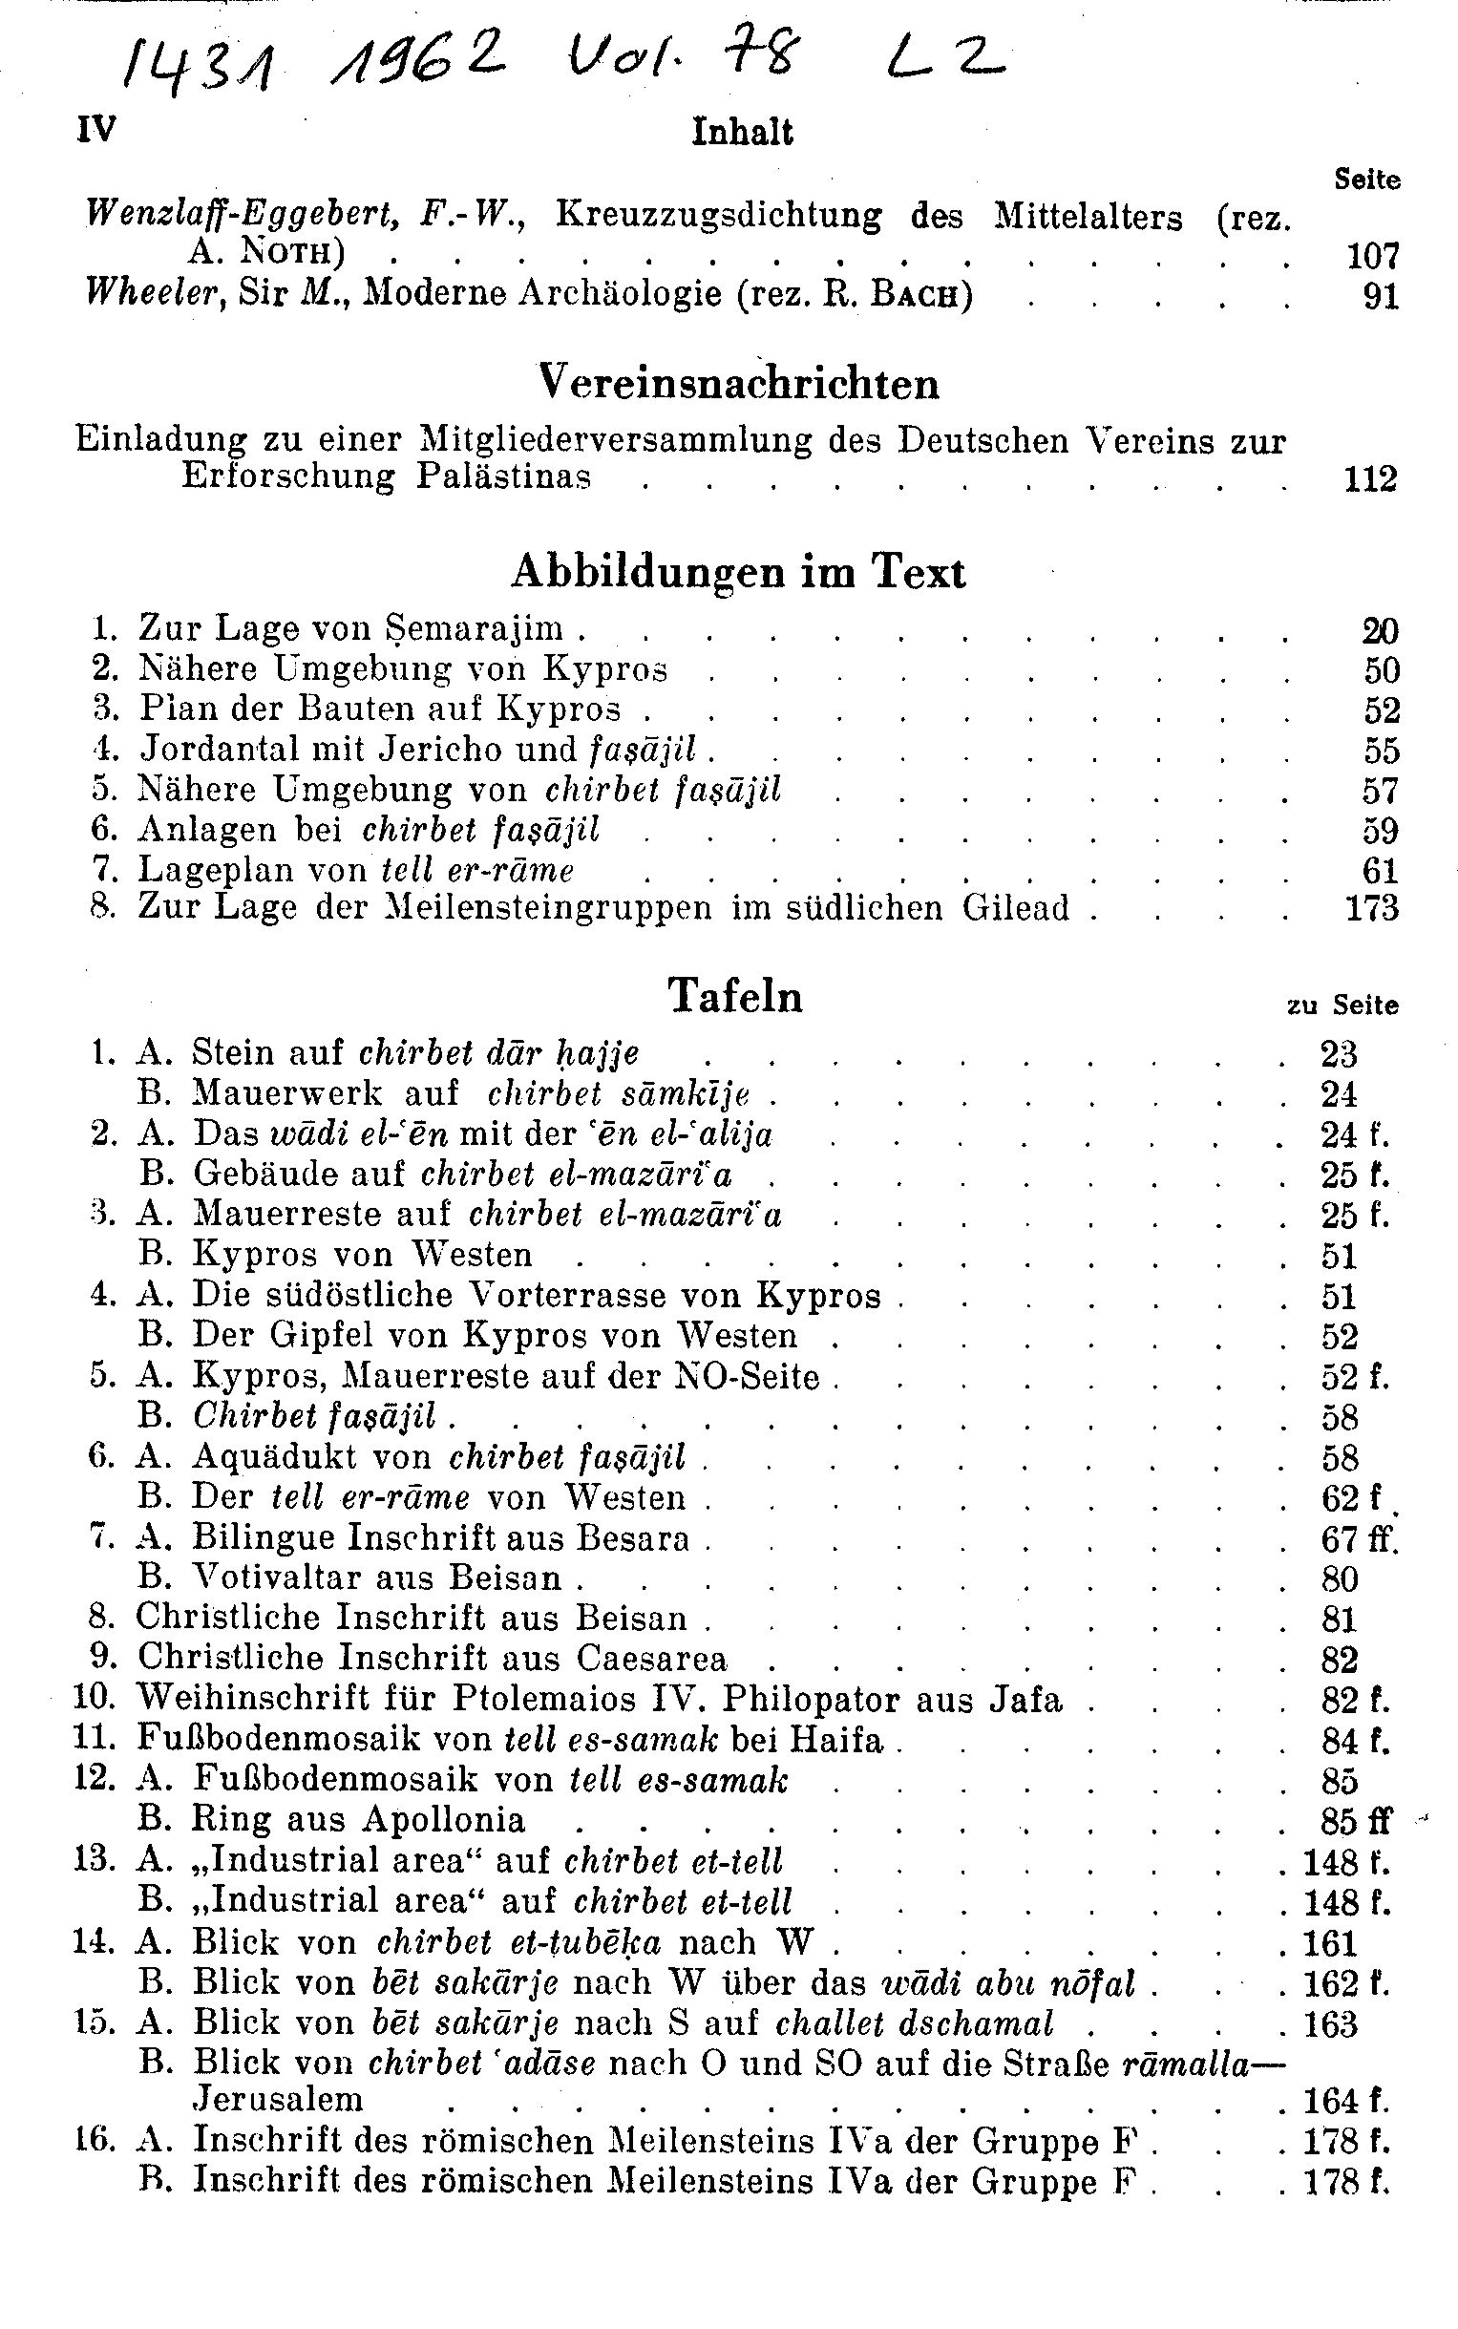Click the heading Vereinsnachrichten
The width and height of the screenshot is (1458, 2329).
pos(738,384)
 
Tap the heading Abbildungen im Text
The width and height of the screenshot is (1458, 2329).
pos(738,572)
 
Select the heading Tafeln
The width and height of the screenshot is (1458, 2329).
pos(736,995)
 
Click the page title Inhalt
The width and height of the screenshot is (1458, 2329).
pos(742,132)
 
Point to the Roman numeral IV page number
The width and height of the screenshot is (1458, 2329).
pos(95,128)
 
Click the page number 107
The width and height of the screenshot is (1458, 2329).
pos(1371,256)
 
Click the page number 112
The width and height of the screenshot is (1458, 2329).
pos(1370,478)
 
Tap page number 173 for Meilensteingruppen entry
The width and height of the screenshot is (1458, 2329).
pos(1371,907)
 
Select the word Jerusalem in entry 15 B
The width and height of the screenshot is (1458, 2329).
pos(279,2099)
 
